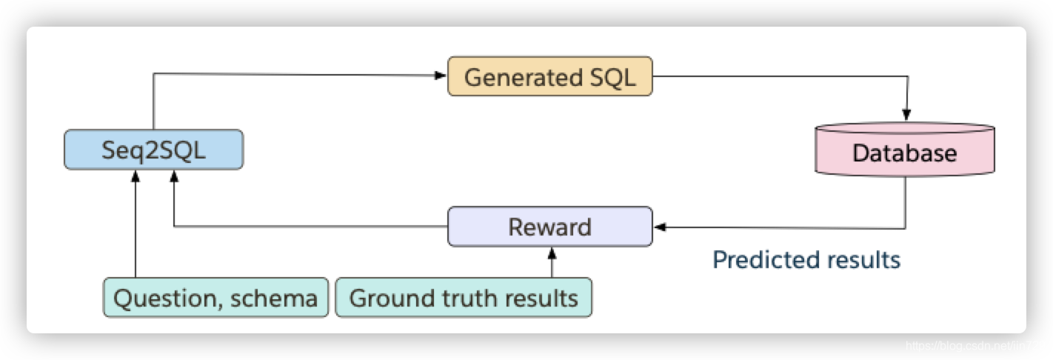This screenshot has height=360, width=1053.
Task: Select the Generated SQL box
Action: coord(549,76)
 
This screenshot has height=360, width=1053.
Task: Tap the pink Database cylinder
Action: coord(904,152)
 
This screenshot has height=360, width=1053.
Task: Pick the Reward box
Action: coord(549,227)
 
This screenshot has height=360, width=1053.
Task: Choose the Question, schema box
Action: coord(215,298)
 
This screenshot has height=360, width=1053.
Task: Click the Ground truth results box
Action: coord(464,298)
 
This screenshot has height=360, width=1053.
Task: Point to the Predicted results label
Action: coord(806,260)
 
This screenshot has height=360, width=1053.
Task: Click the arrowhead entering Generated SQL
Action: coord(442,75)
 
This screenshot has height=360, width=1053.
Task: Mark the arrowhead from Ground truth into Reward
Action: coord(550,253)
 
